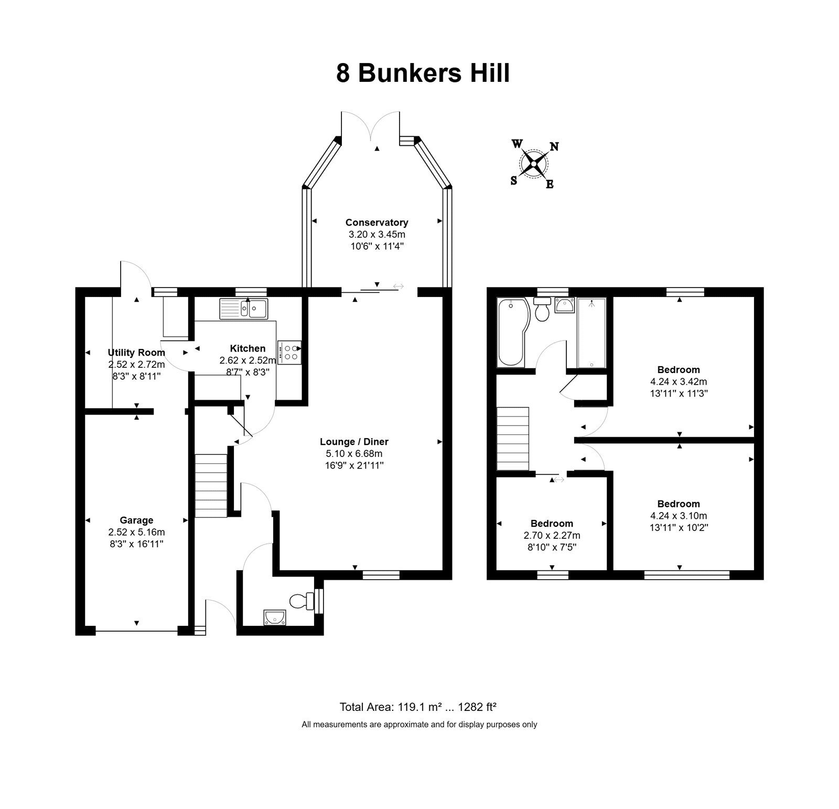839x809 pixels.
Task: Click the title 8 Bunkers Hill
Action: point(423,73)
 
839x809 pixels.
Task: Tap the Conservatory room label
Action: point(377,222)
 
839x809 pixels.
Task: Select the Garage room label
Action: point(136,520)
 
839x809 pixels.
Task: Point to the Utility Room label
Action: point(136,353)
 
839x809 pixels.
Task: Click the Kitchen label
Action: point(248,348)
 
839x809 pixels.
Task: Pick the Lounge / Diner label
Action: point(354,442)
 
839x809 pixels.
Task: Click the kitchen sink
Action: point(244,308)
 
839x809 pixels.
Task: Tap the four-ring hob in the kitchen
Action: point(289,352)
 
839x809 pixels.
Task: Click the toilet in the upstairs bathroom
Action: point(541,310)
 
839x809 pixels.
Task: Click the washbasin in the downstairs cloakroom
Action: point(274,618)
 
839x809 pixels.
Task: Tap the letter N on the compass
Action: point(554,147)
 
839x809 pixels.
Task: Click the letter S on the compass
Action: point(514,180)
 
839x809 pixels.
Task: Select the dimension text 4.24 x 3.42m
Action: point(679,382)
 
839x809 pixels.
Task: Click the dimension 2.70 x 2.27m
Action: point(552,536)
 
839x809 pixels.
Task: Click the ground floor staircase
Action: point(211,486)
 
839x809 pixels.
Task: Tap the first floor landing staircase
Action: point(513,439)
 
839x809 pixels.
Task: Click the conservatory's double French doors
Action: point(370,126)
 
